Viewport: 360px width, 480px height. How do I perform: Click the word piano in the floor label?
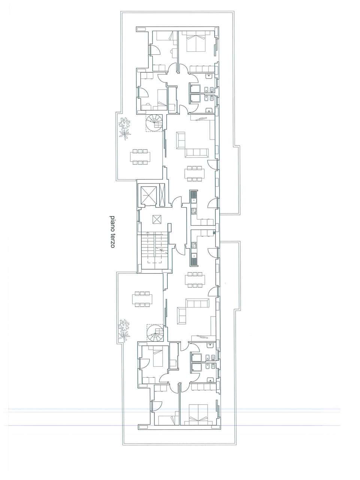point(112,223)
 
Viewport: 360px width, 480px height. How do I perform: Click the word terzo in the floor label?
point(112,240)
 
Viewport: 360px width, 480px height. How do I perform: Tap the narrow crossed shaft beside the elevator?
point(163,195)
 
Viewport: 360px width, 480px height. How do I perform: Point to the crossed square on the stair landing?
point(157,219)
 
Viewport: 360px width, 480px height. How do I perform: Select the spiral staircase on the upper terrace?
point(154,123)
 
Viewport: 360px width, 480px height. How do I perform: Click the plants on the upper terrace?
point(125,129)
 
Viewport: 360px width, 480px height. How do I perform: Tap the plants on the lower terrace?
point(124,331)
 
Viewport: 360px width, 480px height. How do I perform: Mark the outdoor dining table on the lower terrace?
point(142,299)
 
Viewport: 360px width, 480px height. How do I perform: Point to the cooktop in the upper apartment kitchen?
point(194,211)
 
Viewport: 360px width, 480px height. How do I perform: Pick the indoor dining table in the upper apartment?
point(195,174)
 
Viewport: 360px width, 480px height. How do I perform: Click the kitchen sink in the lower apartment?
point(194,258)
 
